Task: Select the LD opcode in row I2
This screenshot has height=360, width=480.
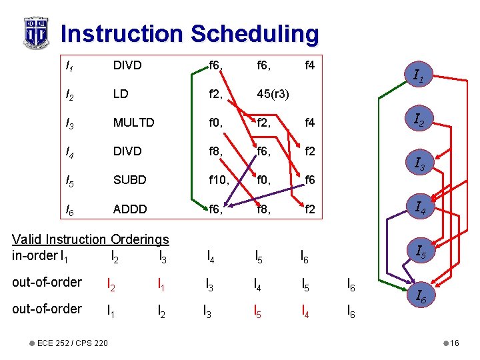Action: tap(121, 94)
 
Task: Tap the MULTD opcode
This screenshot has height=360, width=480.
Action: tap(133, 123)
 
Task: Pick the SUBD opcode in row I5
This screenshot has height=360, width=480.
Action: tap(129, 180)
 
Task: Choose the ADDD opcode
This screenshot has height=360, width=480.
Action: tap(129, 209)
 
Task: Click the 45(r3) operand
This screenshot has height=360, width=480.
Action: tap(273, 94)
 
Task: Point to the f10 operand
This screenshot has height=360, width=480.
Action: tap(217, 180)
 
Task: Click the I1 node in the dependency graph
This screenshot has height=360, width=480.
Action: tap(419, 77)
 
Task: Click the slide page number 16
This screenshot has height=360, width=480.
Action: tap(454, 343)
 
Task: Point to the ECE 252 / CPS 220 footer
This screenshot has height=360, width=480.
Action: tap(73, 343)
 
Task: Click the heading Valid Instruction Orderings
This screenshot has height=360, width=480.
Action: tap(91, 239)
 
